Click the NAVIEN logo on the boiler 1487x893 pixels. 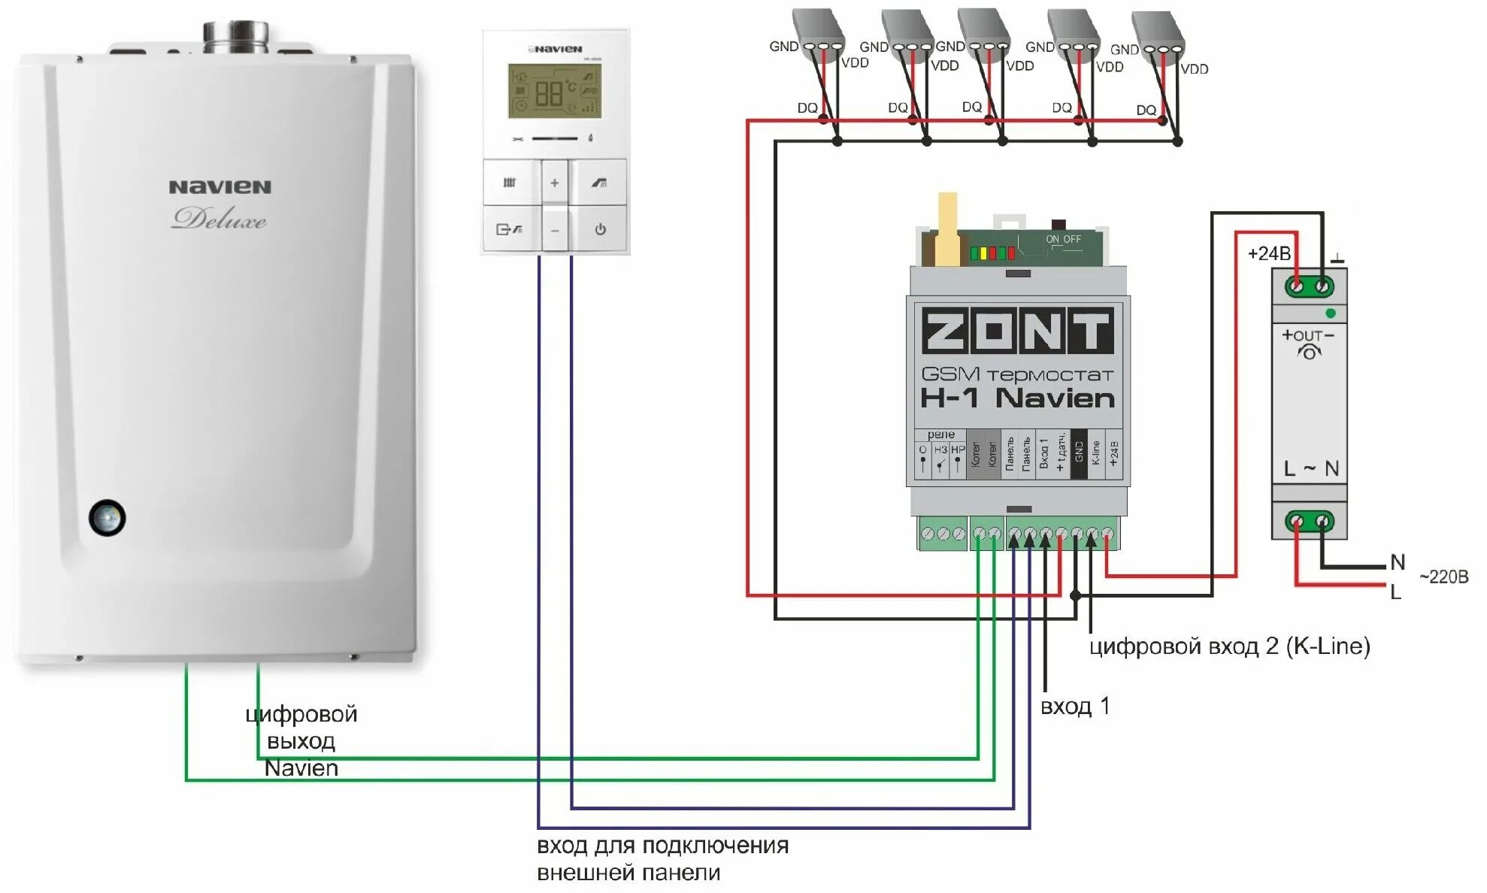[220, 187]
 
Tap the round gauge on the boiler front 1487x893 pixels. [108, 517]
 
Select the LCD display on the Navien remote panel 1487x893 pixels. [555, 91]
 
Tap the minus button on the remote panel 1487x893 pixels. [555, 230]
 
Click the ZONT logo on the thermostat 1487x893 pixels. [1017, 330]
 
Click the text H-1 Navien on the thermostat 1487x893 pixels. [1017, 398]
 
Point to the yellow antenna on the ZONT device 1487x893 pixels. [947, 229]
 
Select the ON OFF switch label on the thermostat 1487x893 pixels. [1063, 240]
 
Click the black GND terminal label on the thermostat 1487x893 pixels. [1079, 454]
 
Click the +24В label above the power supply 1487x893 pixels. [1269, 254]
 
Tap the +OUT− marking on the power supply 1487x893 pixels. [1308, 335]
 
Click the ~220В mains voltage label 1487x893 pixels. [1443, 577]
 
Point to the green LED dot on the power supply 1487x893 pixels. [1331, 313]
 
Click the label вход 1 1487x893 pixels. [1074, 707]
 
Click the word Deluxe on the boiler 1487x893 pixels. [219, 219]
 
